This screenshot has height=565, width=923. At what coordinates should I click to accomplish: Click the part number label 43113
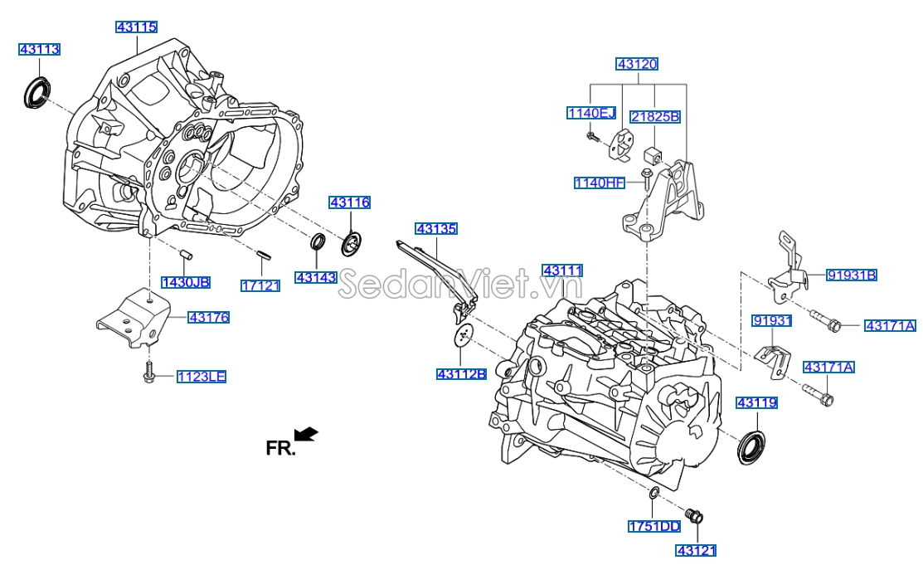(x=40, y=50)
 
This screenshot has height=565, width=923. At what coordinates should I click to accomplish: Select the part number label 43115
(x=136, y=27)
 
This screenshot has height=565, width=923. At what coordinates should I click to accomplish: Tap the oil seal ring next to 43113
(x=36, y=92)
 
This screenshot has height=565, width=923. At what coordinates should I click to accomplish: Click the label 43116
(x=349, y=202)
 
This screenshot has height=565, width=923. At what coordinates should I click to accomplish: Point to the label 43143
(x=316, y=277)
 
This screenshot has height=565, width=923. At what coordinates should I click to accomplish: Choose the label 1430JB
(x=185, y=282)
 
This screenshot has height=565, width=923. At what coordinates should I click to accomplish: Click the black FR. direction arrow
(x=306, y=434)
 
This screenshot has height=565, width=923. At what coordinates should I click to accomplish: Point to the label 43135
(x=436, y=228)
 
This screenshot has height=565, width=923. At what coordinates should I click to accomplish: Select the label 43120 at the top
(x=637, y=64)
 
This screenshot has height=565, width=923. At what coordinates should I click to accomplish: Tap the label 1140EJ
(x=591, y=113)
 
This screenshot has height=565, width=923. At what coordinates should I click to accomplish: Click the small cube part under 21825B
(x=652, y=154)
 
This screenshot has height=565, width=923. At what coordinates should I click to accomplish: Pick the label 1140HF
(x=600, y=182)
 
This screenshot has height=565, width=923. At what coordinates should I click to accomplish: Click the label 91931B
(x=851, y=275)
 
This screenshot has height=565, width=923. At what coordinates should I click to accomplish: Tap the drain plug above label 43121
(x=694, y=516)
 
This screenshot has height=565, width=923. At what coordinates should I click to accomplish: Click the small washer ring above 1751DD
(x=653, y=494)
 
